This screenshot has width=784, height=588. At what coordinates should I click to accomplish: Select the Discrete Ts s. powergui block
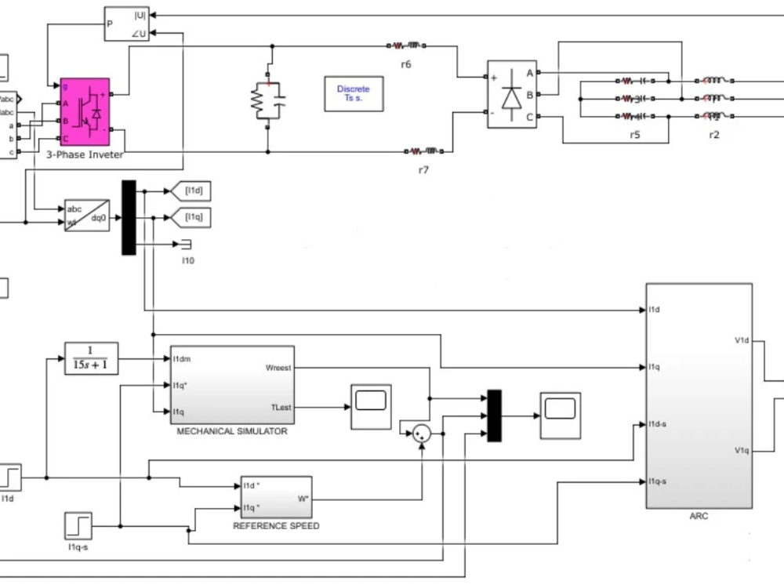354,93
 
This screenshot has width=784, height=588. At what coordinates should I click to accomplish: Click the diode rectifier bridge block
512,95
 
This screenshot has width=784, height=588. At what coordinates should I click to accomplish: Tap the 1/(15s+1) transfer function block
90,359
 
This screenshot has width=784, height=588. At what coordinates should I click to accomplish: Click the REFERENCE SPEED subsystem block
275,496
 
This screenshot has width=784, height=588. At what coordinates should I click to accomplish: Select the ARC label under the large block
698,516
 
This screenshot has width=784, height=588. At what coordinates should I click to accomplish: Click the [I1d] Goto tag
192,191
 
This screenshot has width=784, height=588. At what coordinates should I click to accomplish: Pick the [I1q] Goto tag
192,217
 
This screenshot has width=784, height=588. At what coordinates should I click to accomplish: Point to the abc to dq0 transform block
86,216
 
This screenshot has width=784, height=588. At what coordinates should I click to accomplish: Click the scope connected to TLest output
371,406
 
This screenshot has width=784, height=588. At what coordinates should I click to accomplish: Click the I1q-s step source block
78,525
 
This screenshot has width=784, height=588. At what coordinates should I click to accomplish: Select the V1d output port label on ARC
741,340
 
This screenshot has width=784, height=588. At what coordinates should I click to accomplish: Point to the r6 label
405,64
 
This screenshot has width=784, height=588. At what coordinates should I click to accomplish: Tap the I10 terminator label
187,260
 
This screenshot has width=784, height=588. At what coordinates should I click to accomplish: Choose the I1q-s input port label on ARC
658,481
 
